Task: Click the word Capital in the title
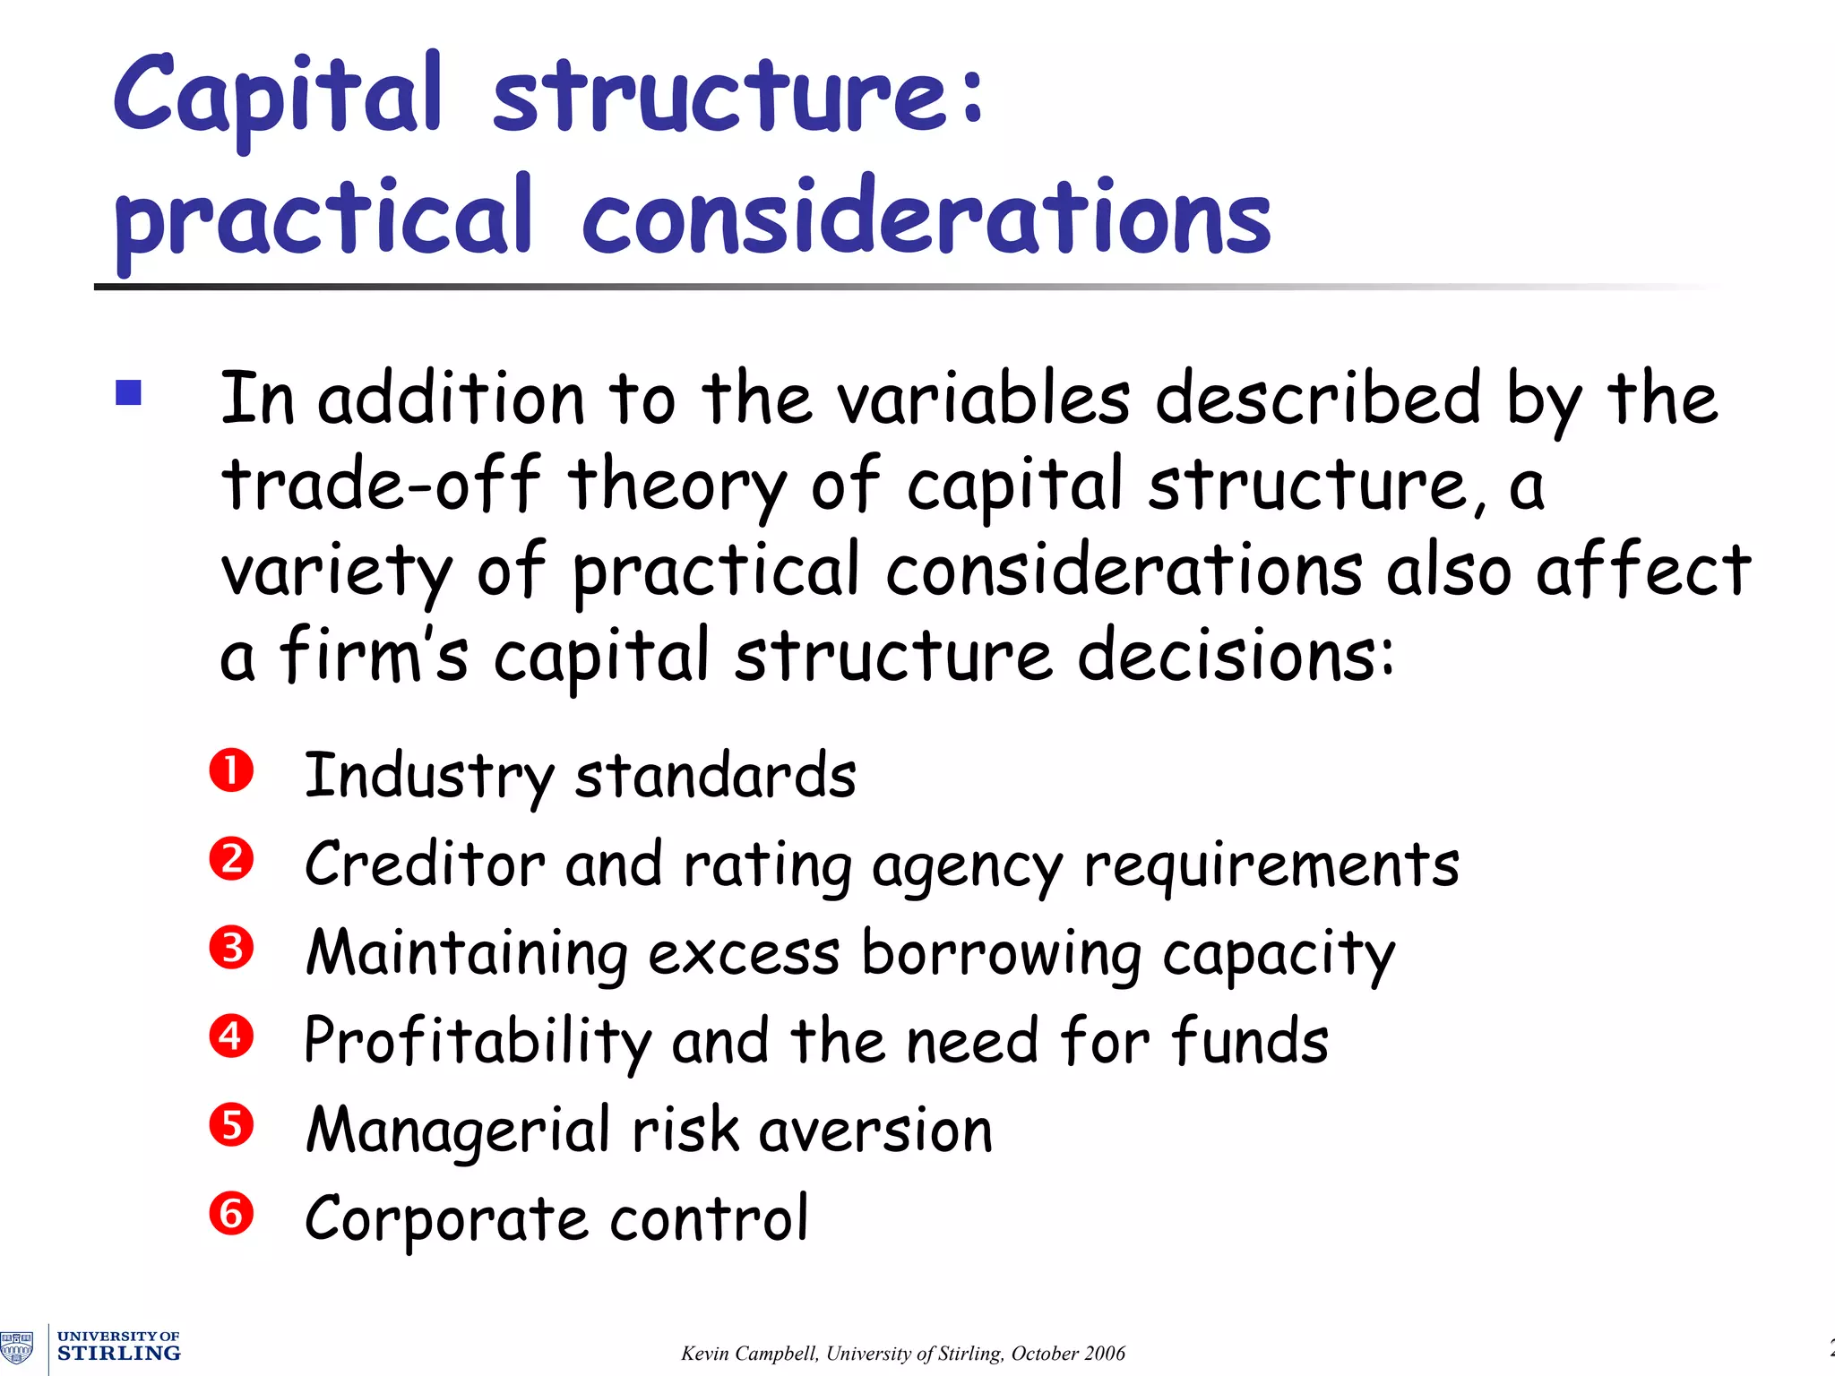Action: (x=278, y=96)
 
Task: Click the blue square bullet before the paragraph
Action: (x=129, y=393)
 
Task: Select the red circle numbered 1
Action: (x=232, y=771)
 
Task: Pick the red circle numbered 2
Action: (x=232, y=859)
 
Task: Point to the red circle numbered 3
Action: (x=232, y=948)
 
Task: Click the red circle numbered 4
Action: (x=232, y=1036)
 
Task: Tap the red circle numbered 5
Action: (x=232, y=1125)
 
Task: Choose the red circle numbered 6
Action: (x=232, y=1214)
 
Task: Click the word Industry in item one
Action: (x=429, y=776)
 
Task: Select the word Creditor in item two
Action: (x=425, y=864)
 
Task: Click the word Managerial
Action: (x=458, y=1131)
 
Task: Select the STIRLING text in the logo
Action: (x=119, y=1354)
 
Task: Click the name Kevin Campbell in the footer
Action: (x=749, y=1354)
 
